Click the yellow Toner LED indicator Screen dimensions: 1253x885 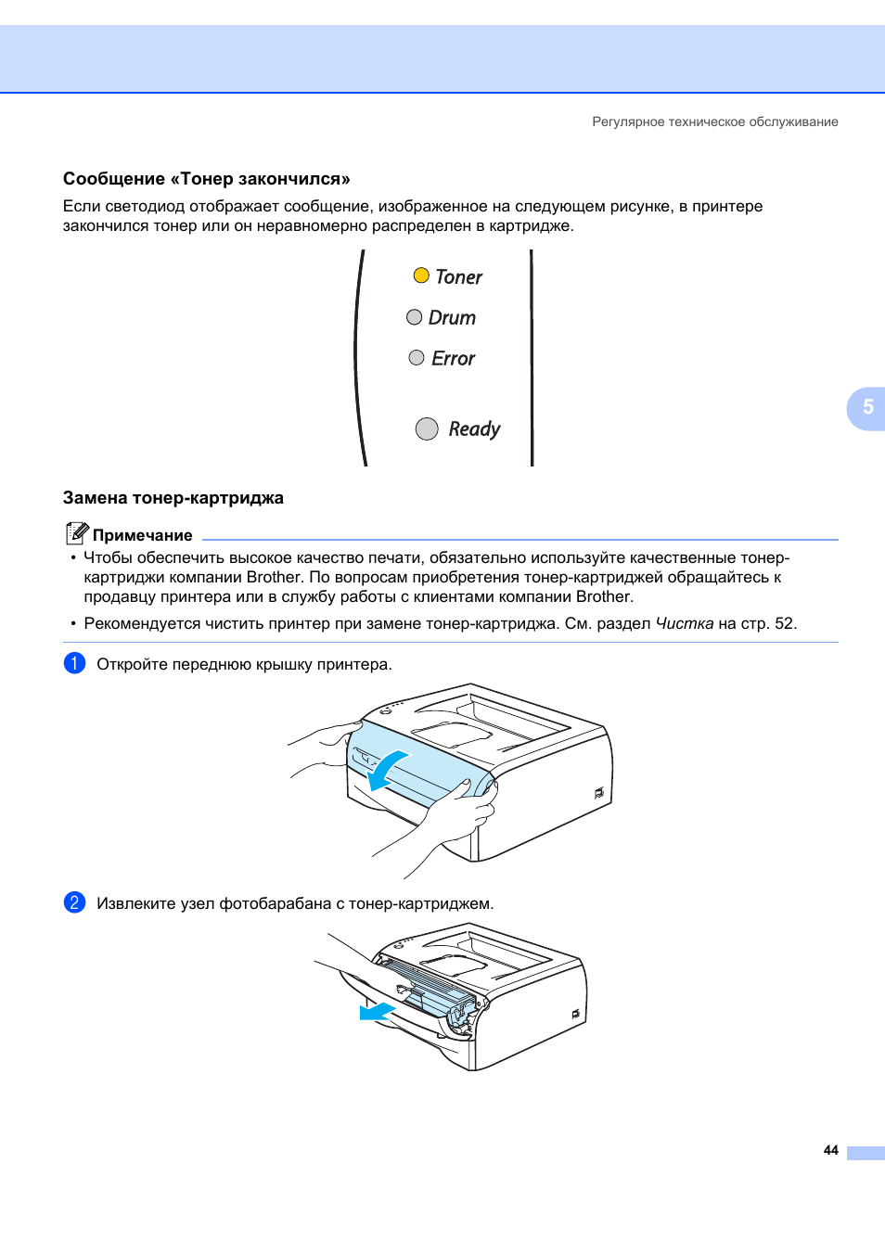click(421, 275)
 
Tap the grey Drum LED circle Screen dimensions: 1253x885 click(415, 317)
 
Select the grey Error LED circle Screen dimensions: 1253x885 click(417, 358)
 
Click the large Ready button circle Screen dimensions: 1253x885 click(427, 428)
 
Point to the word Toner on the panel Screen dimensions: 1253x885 click(459, 277)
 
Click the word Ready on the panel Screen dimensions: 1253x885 click(474, 429)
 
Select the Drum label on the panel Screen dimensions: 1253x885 click(452, 318)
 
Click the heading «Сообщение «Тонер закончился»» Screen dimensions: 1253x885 click(207, 179)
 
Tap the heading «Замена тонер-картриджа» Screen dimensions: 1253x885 click(173, 498)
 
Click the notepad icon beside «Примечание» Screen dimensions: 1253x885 click(77, 533)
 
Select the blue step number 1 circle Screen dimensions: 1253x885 click(74, 663)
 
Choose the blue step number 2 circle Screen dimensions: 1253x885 click(74, 902)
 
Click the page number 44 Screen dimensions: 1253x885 click(830, 1150)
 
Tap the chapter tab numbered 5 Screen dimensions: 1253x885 click(867, 407)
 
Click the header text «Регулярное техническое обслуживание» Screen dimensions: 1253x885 click(714, 121)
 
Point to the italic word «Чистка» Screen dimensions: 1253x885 click(684, 623)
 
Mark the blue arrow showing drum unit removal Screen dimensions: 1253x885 click(377, 1012)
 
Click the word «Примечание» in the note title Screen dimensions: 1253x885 click(143, 535)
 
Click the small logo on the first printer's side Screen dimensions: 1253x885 click(599, 793)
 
